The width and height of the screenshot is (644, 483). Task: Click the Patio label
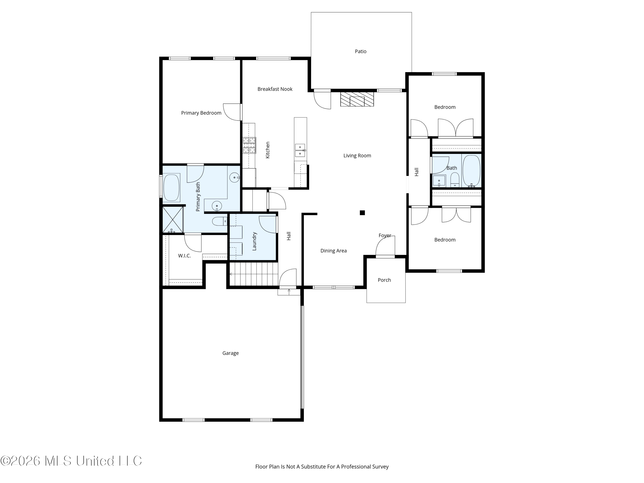(x=360, y=52)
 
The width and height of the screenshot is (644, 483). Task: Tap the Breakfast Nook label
(x=275, y=89)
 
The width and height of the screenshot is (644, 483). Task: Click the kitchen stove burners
(x=249, y=145)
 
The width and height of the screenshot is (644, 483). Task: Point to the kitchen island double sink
(x=300, y=150)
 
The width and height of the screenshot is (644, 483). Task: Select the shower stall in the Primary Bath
(x=173, y=220)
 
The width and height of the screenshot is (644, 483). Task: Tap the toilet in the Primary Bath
(x=220, y=222)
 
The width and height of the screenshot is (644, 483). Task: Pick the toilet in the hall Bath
(x=455, y=180)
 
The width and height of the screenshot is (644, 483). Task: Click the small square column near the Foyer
(x=362, y=213)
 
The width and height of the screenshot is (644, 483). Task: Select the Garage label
(x=231, y=353)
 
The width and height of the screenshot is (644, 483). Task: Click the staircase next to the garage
(x=253, y=274)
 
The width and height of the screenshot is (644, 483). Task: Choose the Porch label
(x=384, y=280)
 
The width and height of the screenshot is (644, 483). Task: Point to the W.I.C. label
(x=184, y=256)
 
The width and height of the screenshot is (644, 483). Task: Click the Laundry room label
(x=254, y=241)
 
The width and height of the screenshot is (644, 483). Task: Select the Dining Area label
(x=333, y=251)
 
